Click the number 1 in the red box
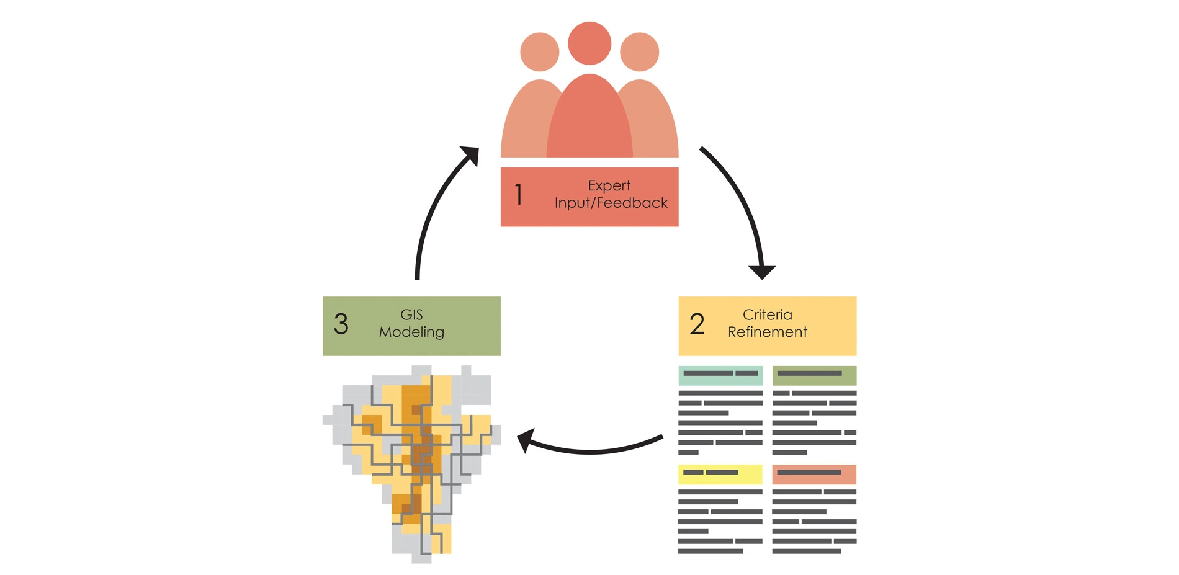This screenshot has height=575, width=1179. (519, 195)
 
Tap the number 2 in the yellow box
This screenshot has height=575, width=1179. (697, 324)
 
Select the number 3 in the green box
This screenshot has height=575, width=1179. (341, 324)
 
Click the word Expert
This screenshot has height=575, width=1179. (609, 185)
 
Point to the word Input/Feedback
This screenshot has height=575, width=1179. (611, 203)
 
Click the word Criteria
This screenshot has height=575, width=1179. (767, 314)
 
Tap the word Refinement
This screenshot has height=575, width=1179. (767, 332)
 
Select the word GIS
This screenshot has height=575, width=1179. (411, 314)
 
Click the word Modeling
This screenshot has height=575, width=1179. (411, 332)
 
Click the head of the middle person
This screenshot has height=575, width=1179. (589, 43)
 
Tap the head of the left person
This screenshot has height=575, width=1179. (539, 52)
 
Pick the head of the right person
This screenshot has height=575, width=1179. (639, 52)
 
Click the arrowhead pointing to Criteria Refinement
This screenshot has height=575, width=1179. (762, 272)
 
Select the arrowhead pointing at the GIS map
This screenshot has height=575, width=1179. (526, 440)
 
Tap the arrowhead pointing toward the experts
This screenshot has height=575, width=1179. (471, 155)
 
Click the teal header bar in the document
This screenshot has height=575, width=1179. (720, 375)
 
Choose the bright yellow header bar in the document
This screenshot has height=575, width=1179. (720, 474)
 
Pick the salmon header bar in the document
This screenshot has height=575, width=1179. (814, 474)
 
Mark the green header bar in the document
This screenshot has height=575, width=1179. (814, 375)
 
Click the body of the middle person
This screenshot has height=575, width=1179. (589, 121)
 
